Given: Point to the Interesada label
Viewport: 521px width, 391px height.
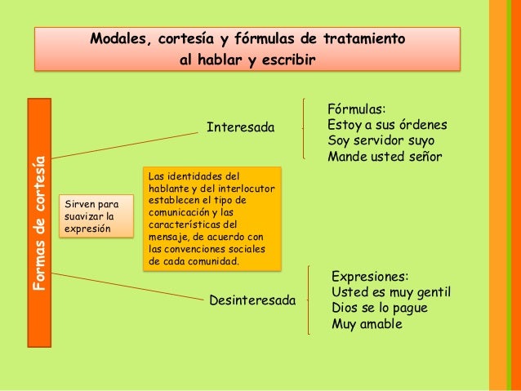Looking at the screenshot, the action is point(241,128).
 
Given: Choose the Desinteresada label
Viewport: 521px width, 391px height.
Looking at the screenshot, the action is point(252,300).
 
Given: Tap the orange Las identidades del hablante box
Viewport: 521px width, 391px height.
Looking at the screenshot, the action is point(211,219).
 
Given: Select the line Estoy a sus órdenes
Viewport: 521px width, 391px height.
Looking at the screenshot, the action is point(386,126).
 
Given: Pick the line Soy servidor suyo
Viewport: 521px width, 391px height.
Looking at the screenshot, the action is point(381,141).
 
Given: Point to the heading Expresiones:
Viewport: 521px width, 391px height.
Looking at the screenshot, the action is point(370,277).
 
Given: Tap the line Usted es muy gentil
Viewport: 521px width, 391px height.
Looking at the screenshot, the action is point(391,292).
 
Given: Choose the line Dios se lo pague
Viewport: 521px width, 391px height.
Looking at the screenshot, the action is point(379,308).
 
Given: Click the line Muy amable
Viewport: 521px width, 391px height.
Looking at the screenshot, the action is point(367,324).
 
